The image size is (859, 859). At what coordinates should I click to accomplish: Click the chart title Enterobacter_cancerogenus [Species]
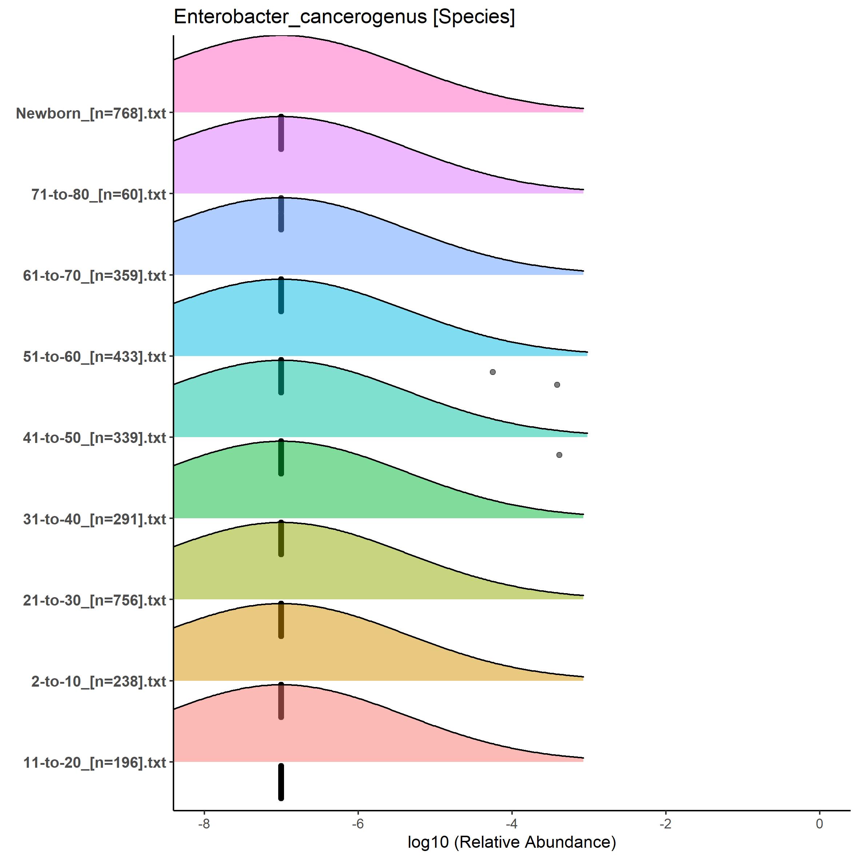tap(344, 17)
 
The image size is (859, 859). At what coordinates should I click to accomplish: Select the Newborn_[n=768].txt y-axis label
tap(91, 113)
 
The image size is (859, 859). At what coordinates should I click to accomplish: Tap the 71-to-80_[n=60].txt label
tap(99, 194)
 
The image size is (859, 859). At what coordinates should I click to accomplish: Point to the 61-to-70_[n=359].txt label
tap(95, 276)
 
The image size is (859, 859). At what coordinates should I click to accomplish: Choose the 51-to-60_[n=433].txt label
tap(95, 356)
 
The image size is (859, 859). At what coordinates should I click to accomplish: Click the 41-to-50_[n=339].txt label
tap(95, 438)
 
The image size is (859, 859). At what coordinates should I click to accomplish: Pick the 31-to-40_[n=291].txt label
tap(95, 519)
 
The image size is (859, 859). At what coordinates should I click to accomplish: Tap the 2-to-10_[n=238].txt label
tap(99, 681)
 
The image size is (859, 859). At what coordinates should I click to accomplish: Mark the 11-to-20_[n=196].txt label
tap(95, 763)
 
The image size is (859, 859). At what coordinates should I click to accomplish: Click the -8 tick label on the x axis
tap(204, 823)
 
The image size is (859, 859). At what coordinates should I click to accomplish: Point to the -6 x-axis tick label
tap(358, 823)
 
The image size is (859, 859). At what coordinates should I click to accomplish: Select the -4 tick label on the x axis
tap(512, 823)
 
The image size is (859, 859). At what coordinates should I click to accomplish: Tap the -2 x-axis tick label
tap(666, 823)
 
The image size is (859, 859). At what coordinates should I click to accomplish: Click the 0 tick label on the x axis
tap(819, 823)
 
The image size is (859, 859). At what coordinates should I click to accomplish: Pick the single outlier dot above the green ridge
tap(559, 455)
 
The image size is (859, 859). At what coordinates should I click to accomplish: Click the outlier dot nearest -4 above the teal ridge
tap(493, 372)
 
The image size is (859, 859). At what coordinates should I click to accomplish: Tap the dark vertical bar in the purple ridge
tap(281, 133)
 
